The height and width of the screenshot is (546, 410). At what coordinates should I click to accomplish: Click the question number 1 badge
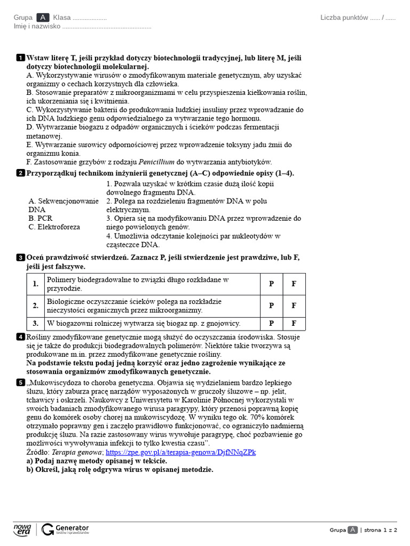click(20, 58)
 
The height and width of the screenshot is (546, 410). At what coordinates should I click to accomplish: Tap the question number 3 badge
click(20, 258)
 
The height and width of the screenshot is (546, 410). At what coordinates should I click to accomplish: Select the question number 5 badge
click(20, 382)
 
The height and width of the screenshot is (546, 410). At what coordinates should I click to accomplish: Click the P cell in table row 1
click(271, 284)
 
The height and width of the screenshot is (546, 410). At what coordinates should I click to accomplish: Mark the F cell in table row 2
click(294, 306)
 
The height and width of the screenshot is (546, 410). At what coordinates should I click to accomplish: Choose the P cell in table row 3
click(271, 323)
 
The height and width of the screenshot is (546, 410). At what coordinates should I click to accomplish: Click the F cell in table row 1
click(294, 284)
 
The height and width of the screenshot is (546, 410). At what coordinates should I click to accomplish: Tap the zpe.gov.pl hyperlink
click(181, 452)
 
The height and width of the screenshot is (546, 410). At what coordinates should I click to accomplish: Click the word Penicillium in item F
click(159, 162)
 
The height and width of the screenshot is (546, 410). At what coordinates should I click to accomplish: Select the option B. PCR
click(41, 218)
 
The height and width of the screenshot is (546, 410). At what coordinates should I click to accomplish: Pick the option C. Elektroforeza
click(54, 227)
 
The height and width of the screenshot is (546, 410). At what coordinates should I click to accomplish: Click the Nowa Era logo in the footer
click(22, 529)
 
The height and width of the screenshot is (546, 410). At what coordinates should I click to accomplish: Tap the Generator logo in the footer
click(65, 529)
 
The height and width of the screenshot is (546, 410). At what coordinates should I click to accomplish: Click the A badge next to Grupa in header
click(43, 18)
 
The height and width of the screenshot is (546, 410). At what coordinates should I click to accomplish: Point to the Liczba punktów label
click(344, 18)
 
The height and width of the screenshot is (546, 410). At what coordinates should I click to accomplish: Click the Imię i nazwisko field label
click(37, 26)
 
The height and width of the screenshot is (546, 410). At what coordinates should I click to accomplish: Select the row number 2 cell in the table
click(36, 306)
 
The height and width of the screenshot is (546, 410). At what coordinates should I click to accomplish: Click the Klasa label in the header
click(62, 18)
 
